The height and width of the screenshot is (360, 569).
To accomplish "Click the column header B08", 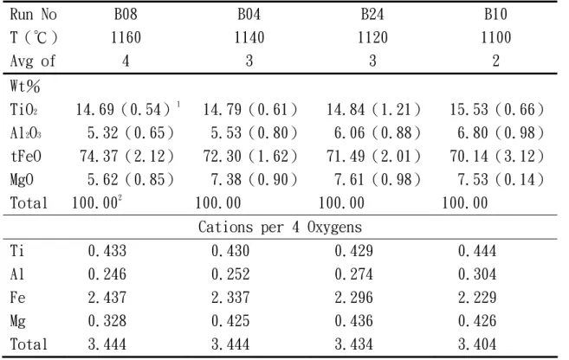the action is (126, 14).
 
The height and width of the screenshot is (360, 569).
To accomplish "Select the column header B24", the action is (372, 14).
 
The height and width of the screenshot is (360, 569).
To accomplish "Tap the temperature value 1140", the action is (249, 37).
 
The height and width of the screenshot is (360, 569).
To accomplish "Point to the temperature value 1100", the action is (495, 37).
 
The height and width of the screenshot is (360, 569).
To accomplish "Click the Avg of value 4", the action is (126, 61).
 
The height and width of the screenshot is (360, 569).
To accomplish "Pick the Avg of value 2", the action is (495, 61).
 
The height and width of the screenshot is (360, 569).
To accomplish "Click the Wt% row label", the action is (24, 87).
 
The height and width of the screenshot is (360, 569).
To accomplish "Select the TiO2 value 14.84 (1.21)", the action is (373, 110).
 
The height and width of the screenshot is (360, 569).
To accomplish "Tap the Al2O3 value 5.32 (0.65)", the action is (131, 133).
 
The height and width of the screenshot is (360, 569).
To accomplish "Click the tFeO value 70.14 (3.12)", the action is (497, 157).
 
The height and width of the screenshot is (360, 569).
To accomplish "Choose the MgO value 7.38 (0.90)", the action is (254, 179).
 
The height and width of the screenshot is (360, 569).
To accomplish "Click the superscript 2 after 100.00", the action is (120, 197).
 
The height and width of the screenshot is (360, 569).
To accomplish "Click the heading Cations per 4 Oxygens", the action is (280, 227).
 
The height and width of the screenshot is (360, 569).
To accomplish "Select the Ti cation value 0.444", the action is (477, 250).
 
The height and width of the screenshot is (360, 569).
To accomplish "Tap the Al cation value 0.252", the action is (230, 274).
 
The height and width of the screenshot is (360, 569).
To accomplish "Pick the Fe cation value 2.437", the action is (107, 298).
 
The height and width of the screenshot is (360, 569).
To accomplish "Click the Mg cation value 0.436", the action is (353, 320).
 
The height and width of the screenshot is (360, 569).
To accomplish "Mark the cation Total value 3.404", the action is (477, 344).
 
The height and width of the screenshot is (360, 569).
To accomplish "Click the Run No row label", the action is (33, 14).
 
